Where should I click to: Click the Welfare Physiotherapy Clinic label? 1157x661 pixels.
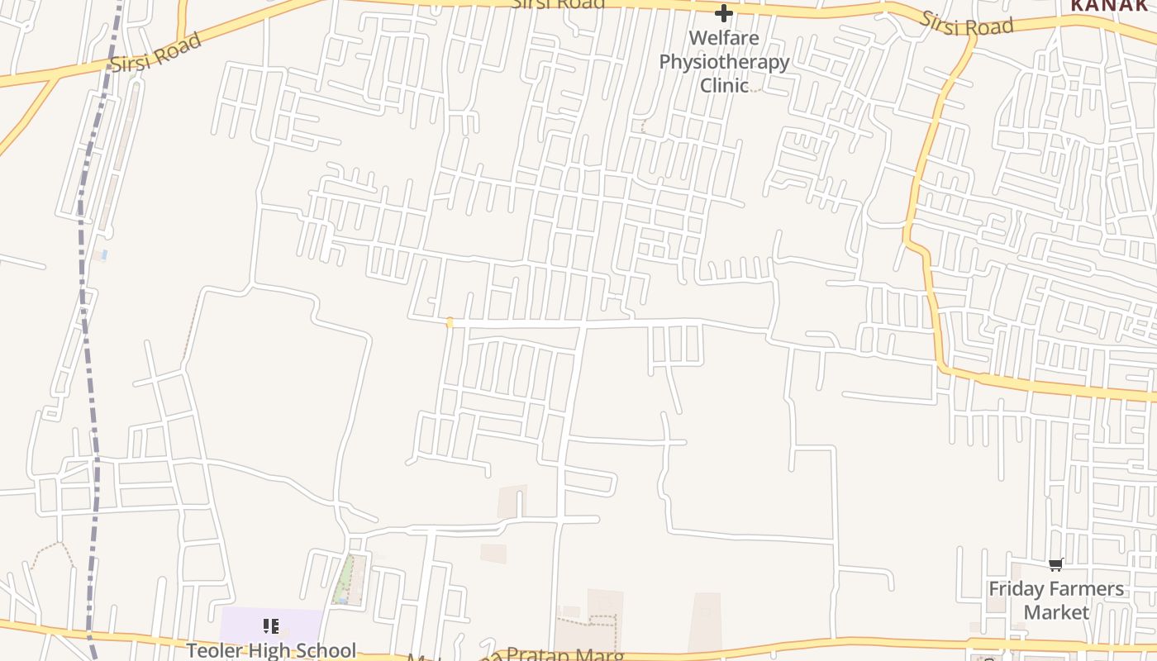pyautogui.click(x=724, y=61)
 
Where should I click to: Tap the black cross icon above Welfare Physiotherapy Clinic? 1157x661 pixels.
pyautogui.click(x=724, y=13)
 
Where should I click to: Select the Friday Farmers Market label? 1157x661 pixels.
pyautogui.click(x=1056, y=601)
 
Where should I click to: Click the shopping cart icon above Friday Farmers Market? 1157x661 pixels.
pyautogui.click(x=1055, y=565)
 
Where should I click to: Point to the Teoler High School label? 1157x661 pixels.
pyautogui.click(x=271, y=650)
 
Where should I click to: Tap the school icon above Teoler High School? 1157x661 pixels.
pyautogui.click(x=271, y=626)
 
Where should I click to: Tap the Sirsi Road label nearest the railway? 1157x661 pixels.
pyautogui.click(x=156, y=52)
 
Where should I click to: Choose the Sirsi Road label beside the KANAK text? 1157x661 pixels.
pyautogui.click(x=967, y=25)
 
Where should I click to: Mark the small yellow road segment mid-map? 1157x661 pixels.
pyautogui.click(x=450, y=322)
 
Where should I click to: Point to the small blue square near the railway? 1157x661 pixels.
pyautogui.click(x=103, y=255)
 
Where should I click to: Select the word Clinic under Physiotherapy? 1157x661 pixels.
pyautogui.click(x=724, y=85)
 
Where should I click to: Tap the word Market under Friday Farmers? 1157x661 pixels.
pyautogui.click(x=1056, y=612)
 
